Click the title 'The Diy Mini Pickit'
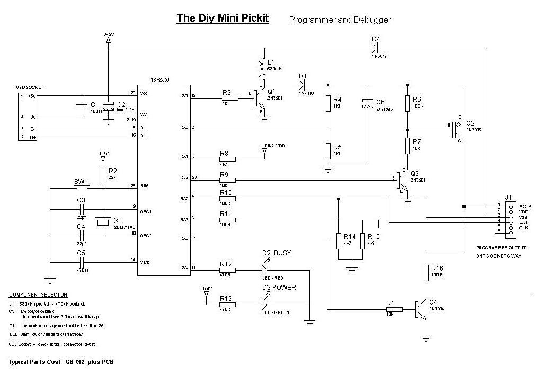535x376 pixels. click(222, 19)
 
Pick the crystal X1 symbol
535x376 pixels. click(102, 223)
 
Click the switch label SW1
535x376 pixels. click(81, 181)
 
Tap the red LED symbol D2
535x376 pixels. click(266, 270)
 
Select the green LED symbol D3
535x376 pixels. click(266, 304)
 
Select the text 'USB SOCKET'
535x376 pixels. click(30, 87)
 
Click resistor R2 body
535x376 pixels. click(103, 174)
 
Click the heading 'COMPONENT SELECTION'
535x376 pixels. click(38, 294)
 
